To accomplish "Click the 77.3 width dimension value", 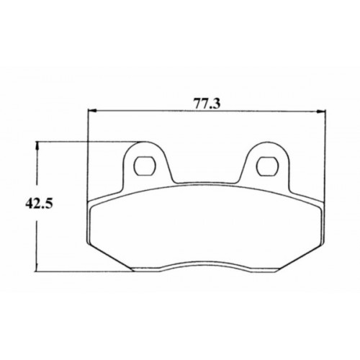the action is [207, 104].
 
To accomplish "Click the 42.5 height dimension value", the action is [39, 204].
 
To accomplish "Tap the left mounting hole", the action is [145, 166].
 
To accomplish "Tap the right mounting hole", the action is [268, 166].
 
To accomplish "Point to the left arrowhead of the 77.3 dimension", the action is [92, 111].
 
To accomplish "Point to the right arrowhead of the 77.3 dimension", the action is [321, 111].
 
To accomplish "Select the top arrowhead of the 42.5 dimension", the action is [37, 145].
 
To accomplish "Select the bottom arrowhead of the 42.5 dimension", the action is [37, 267].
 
